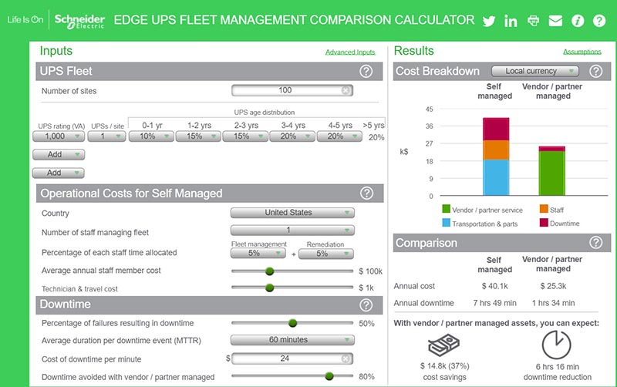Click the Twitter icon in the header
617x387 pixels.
[488, 21]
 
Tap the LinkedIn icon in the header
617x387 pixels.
[511, 21]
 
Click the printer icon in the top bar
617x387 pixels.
[533, 21]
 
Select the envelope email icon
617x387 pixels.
[555, 21]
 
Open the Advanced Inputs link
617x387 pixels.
[350, 52]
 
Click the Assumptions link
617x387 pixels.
[582, 52]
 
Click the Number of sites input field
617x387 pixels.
[285, 90]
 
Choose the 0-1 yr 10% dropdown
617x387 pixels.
[150, 136]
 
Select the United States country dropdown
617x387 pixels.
[293, 213]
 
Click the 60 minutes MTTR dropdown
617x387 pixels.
[293, 340]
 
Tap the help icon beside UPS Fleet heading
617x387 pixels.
[366, 71]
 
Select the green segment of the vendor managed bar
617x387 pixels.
[551, 173]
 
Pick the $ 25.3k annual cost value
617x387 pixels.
[552, 286]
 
